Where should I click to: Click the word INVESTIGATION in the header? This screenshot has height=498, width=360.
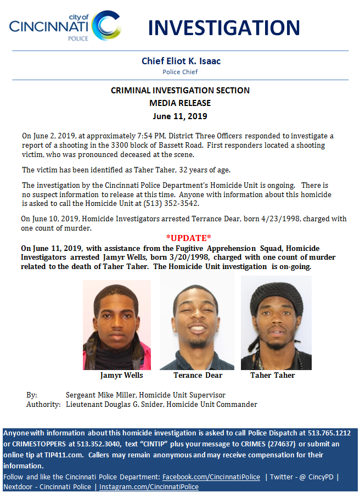pyautogui.click(x=224, y=27)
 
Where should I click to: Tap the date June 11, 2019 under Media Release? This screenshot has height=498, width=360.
pyautogui.click(x=180, y=116)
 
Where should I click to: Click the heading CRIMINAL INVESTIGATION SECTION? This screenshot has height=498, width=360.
pyautogui.click(x=180, y=91)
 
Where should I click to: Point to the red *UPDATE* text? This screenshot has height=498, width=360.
pyautogui.click(x=188, y=238)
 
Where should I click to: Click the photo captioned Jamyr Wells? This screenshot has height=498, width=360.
pyautogui.click(x=117, y=324)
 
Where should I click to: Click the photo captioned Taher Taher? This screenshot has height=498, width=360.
pyautogui.click(x=276, y=323)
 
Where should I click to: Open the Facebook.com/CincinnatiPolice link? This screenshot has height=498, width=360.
pyautogui.click(x=211, y=477)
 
